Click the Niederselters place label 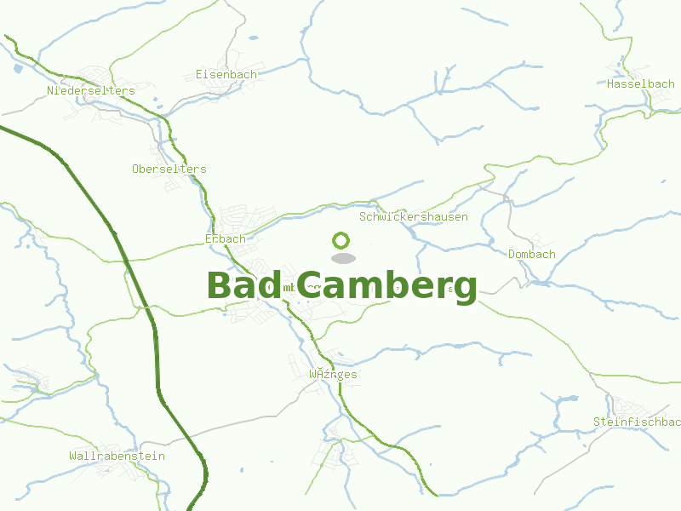click(x=91, y=90)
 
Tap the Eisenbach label click(x=226, y=74)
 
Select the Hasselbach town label click(x=640, y=83)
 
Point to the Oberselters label click(x=169, y=169)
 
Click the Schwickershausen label click(x=414, y=216)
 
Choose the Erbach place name click(x=225, y=238)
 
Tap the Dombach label click(x=531, y=254)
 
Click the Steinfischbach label click(x=637, y=422)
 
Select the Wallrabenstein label click(x=117, y=456)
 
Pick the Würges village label click(x=333, y=374)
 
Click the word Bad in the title click(x=243, y=285)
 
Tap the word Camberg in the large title click(x=387, y=287)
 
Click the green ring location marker click(x=341, y=241)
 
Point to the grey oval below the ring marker click(x=342, y=258)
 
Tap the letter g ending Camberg click(x=464, y=290)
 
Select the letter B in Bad click(x=219, y=285)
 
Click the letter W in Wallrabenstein click(x=72, y=456)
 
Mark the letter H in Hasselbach click(x=610, y=83)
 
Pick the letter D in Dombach click(x=512, y=254)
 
